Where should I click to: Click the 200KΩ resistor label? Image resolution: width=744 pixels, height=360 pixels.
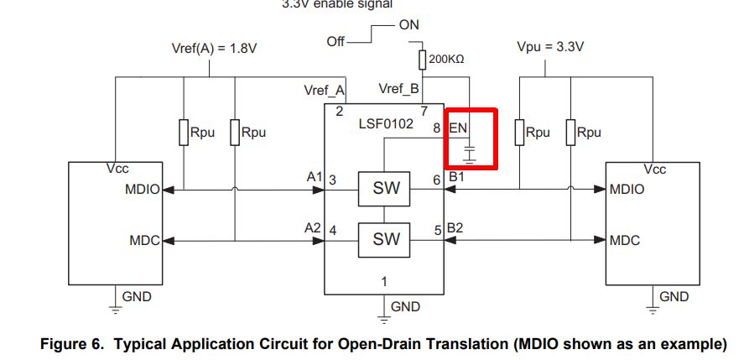(446, 60)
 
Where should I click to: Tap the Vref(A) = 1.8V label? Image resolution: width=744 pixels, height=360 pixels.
(214, 49)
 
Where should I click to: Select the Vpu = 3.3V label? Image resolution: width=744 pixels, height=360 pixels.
(550, 47)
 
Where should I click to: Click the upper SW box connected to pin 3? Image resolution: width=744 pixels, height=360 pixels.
(384, 189)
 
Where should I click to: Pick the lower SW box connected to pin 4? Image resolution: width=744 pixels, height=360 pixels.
(384, 239)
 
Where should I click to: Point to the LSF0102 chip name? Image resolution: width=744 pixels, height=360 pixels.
(386, 125)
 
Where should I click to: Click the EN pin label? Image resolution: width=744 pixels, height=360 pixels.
(458, 128)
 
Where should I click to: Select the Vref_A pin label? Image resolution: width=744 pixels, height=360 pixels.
(325, 91)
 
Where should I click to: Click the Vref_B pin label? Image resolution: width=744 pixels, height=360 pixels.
(399, 88)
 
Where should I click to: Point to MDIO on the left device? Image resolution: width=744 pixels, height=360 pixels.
(143, 190)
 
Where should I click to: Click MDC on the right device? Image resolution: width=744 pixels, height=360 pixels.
(625, 240)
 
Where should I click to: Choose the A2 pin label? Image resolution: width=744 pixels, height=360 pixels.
(313, 228)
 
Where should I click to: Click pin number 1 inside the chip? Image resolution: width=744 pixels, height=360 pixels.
(384, 282)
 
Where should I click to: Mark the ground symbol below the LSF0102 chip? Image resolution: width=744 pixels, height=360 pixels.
(384, 316)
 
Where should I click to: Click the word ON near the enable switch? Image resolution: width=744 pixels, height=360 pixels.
(409, 24)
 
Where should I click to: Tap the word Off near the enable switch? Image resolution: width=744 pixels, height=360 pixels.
(336, 42)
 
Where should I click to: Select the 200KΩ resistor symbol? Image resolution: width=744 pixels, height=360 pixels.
(422, 60)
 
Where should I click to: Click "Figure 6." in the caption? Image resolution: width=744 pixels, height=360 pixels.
(72, 344)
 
